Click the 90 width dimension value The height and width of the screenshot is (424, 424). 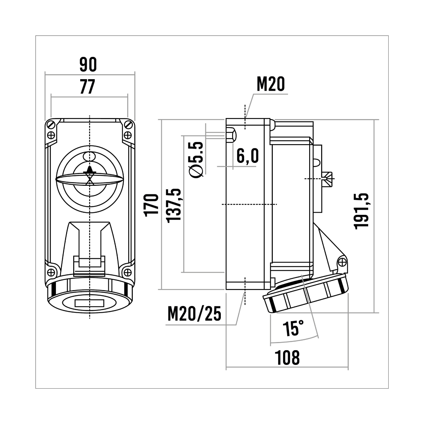click(88, 64)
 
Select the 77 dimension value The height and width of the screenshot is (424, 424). click(88, 87)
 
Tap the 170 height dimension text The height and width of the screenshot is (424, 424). click(151, 205)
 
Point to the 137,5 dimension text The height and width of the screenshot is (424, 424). click(174, 206)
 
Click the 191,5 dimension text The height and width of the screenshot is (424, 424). click(361, 211)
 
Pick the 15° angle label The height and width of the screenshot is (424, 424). click(293, 328)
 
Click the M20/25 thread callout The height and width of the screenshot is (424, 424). click(194, 314)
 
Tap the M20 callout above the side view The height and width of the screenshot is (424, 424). click(271, 84)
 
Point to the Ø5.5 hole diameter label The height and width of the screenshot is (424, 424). click(196, 160)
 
